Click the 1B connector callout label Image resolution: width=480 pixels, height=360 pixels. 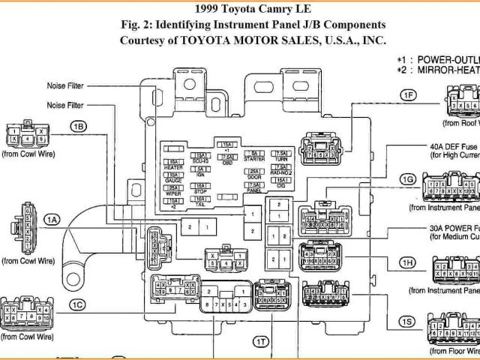[x=79, y=126]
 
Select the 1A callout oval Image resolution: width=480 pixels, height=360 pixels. [x=51, y=220]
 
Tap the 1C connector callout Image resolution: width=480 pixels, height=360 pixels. [x=77, y=304]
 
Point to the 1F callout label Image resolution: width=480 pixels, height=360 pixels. [x=408, y=95]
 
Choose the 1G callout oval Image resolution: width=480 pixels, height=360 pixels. [x=408, y=180]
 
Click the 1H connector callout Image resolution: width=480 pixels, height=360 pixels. [x=408, y=262]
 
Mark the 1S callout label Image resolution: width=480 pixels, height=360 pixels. [x=406, y=322]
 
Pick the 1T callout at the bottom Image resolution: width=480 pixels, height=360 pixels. [x=259, y=341]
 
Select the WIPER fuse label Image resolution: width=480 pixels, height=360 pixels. [x=173, y=193]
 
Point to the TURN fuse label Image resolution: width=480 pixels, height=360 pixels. [x=280, y=158]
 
